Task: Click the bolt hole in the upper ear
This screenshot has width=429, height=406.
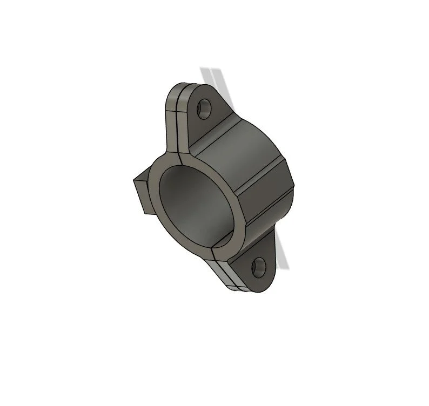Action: pyautogui.click(x=204, y=109)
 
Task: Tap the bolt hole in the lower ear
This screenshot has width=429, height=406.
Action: pyautogui.click(x=259, y=266)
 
